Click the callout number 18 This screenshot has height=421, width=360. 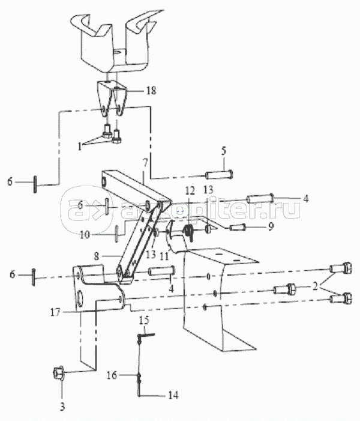point(151,91)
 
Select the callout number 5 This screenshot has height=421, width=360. point(224,151)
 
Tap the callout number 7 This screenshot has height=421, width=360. point(145,163)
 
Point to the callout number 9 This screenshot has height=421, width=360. point(271,227)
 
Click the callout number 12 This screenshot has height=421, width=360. point(190,190)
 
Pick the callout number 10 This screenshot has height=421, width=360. point(85,235)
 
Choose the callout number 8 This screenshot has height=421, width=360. point(97,256)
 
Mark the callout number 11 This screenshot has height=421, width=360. point(164,256)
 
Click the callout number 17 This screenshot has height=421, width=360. point(55,312)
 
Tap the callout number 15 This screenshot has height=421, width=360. point(144,320)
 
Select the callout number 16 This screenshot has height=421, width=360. point(112,375)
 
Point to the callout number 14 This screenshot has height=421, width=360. point(173,395)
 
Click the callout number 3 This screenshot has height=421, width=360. point(62,407)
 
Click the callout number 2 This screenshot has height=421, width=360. point(315,286)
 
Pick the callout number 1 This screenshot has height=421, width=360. point(79,147)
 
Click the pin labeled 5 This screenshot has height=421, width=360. point(219,175)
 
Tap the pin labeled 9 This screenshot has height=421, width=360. point(237,228)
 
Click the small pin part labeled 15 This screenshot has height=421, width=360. point(146,335)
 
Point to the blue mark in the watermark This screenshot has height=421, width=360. point(180,211)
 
